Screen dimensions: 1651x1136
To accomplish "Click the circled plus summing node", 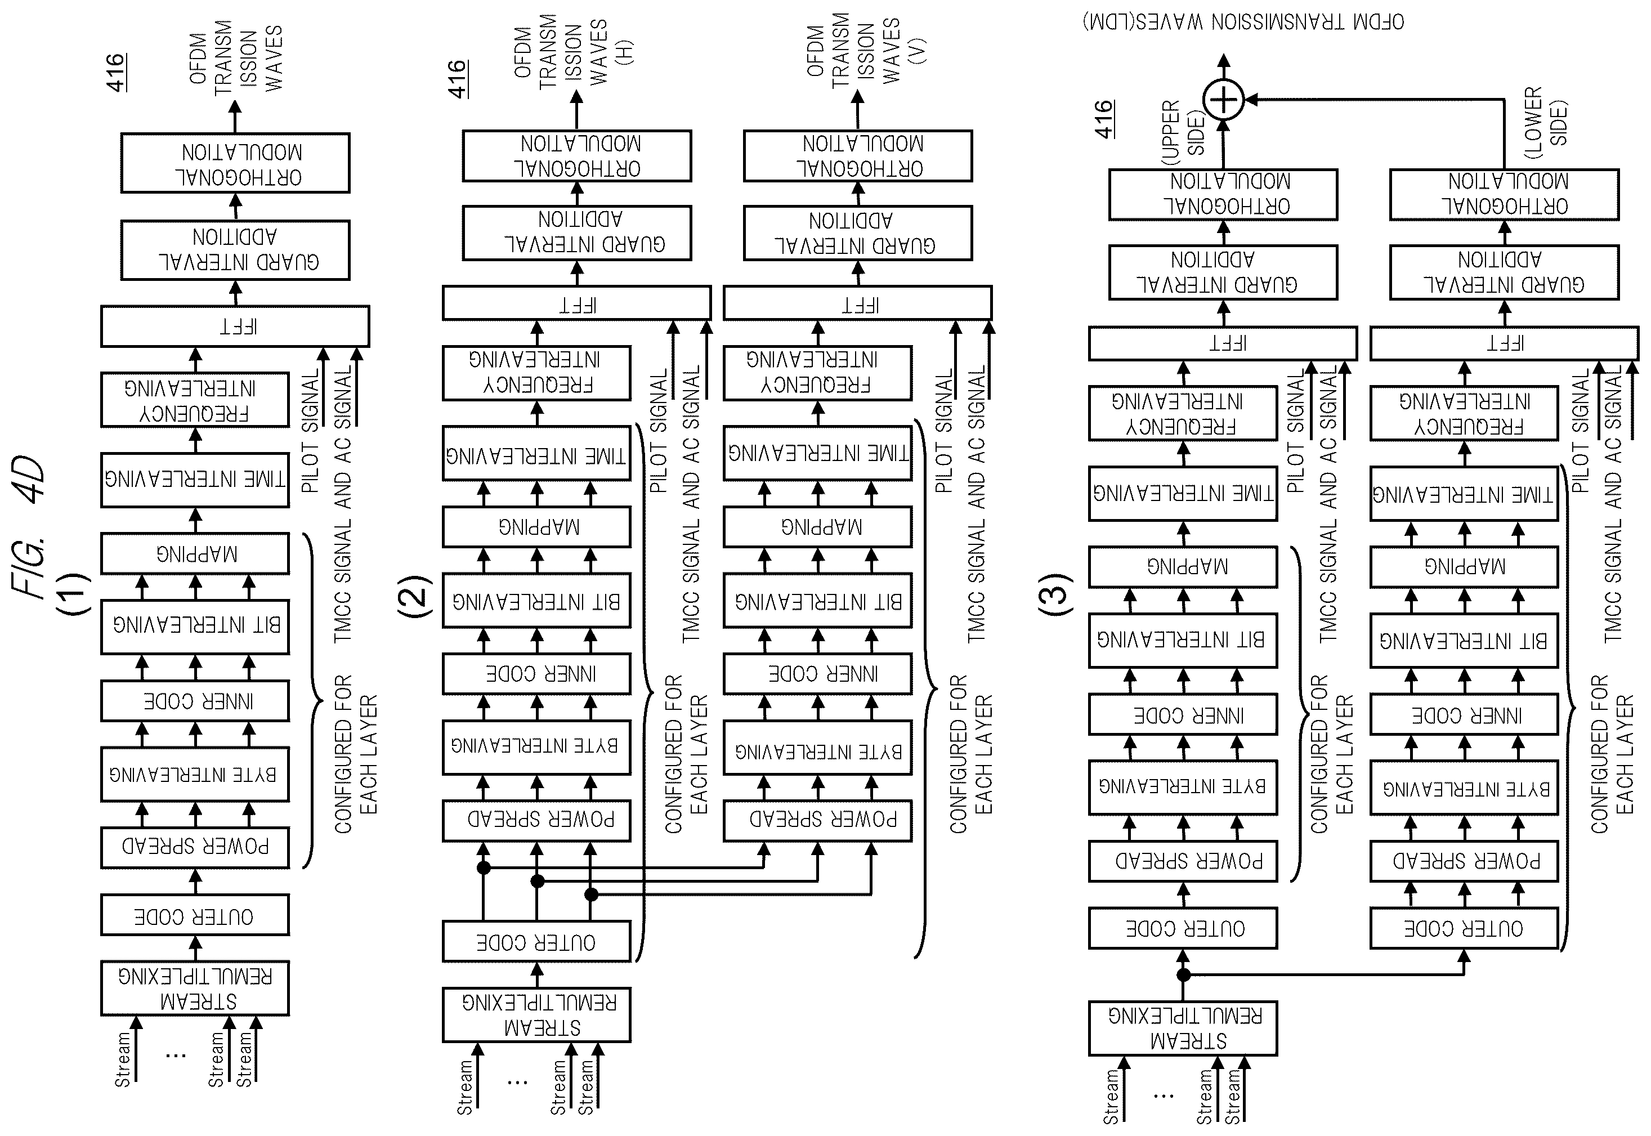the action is tap(1223, 99).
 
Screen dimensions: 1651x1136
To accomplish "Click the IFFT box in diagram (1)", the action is tap(235, 326).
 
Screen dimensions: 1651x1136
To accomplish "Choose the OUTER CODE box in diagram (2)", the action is tap(536, 942).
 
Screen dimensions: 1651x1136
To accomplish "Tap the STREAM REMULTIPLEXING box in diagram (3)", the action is tap(1183, 1028).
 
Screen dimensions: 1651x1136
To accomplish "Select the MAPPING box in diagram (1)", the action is tap(195, 553).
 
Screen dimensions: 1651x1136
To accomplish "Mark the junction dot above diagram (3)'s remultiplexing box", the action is tap(1183, 974).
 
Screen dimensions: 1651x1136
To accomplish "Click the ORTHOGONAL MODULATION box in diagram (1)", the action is tap(235, 163).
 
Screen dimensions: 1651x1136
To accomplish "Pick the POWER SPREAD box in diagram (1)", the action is tap(195, 847).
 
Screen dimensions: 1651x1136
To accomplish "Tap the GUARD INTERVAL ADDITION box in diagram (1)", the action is tap(235, 250).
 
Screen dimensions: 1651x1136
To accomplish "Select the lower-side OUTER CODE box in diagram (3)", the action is tap(1465, 928).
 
